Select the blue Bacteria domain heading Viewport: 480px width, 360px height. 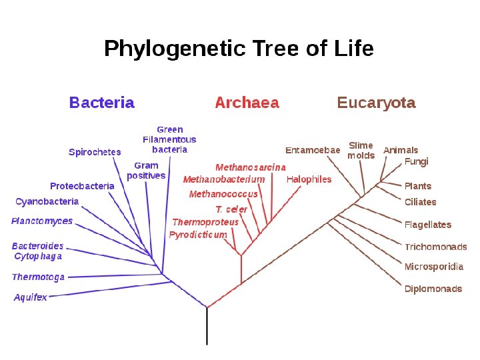[102, 103]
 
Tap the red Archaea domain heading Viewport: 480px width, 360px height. [247, 103]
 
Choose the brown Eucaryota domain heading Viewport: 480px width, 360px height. [376, 103]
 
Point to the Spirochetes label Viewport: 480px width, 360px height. [95, 152]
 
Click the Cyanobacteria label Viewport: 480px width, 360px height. [47, 201]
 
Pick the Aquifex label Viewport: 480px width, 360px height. [31, 297]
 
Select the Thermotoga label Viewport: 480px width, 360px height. [39, 277]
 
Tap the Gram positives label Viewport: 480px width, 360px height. [146, 171]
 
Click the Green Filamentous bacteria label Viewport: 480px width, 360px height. [170, 139]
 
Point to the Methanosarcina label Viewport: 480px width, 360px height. [251, 167]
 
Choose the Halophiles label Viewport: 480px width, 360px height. [309, 179]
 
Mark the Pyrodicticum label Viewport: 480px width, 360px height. [198, 235]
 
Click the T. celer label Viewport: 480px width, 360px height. [231, 209]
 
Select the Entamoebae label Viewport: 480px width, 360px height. [313, 150]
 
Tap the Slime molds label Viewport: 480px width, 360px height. [361, 150]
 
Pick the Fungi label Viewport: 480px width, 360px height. [417, 161]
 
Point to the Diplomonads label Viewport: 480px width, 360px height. [433, 289]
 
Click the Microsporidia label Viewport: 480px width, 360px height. [434, 267]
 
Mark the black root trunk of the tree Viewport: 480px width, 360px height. [207, 327]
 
